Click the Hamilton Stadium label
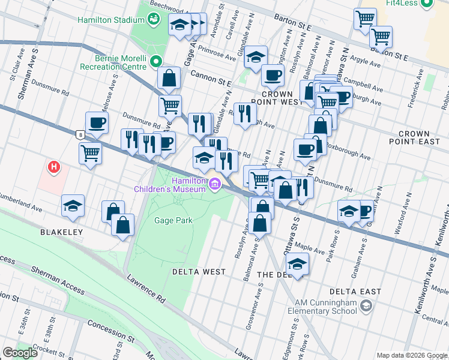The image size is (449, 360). (112, 20)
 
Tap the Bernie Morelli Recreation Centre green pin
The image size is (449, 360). (156, 61)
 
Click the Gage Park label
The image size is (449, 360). (173, 220)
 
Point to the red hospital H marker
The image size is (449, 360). (55, 166)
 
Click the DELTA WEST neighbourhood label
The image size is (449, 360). (199, 272)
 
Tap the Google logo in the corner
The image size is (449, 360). (20, 353)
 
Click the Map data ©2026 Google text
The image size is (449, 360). (411, 355)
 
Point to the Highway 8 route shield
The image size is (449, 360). (80, 135)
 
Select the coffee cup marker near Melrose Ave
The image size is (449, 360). (97, 124)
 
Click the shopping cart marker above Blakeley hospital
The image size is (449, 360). (90, 153)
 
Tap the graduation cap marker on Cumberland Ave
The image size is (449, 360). (73, 206)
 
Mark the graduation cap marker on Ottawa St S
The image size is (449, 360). (297, 263)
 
